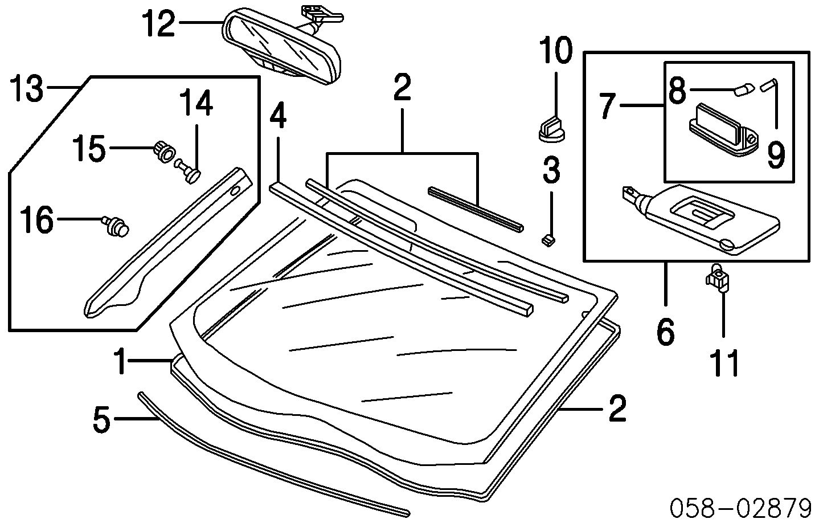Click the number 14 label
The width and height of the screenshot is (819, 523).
click(x=197, y=104)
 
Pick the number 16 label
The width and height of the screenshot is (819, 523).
click(x=37, y=220)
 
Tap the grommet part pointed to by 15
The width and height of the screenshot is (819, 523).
click(x=163, y=152)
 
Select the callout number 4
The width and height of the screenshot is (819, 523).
click(x=277, y=116)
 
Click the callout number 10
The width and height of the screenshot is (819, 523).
click(x=555, y=50)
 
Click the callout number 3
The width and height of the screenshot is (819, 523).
click(x=551, y=170)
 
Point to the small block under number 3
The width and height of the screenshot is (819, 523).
click(x=548, y=240)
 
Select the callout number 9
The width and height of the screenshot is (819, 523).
click(x=776, y=154)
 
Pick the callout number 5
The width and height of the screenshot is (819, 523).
click(x=101, y=419)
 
